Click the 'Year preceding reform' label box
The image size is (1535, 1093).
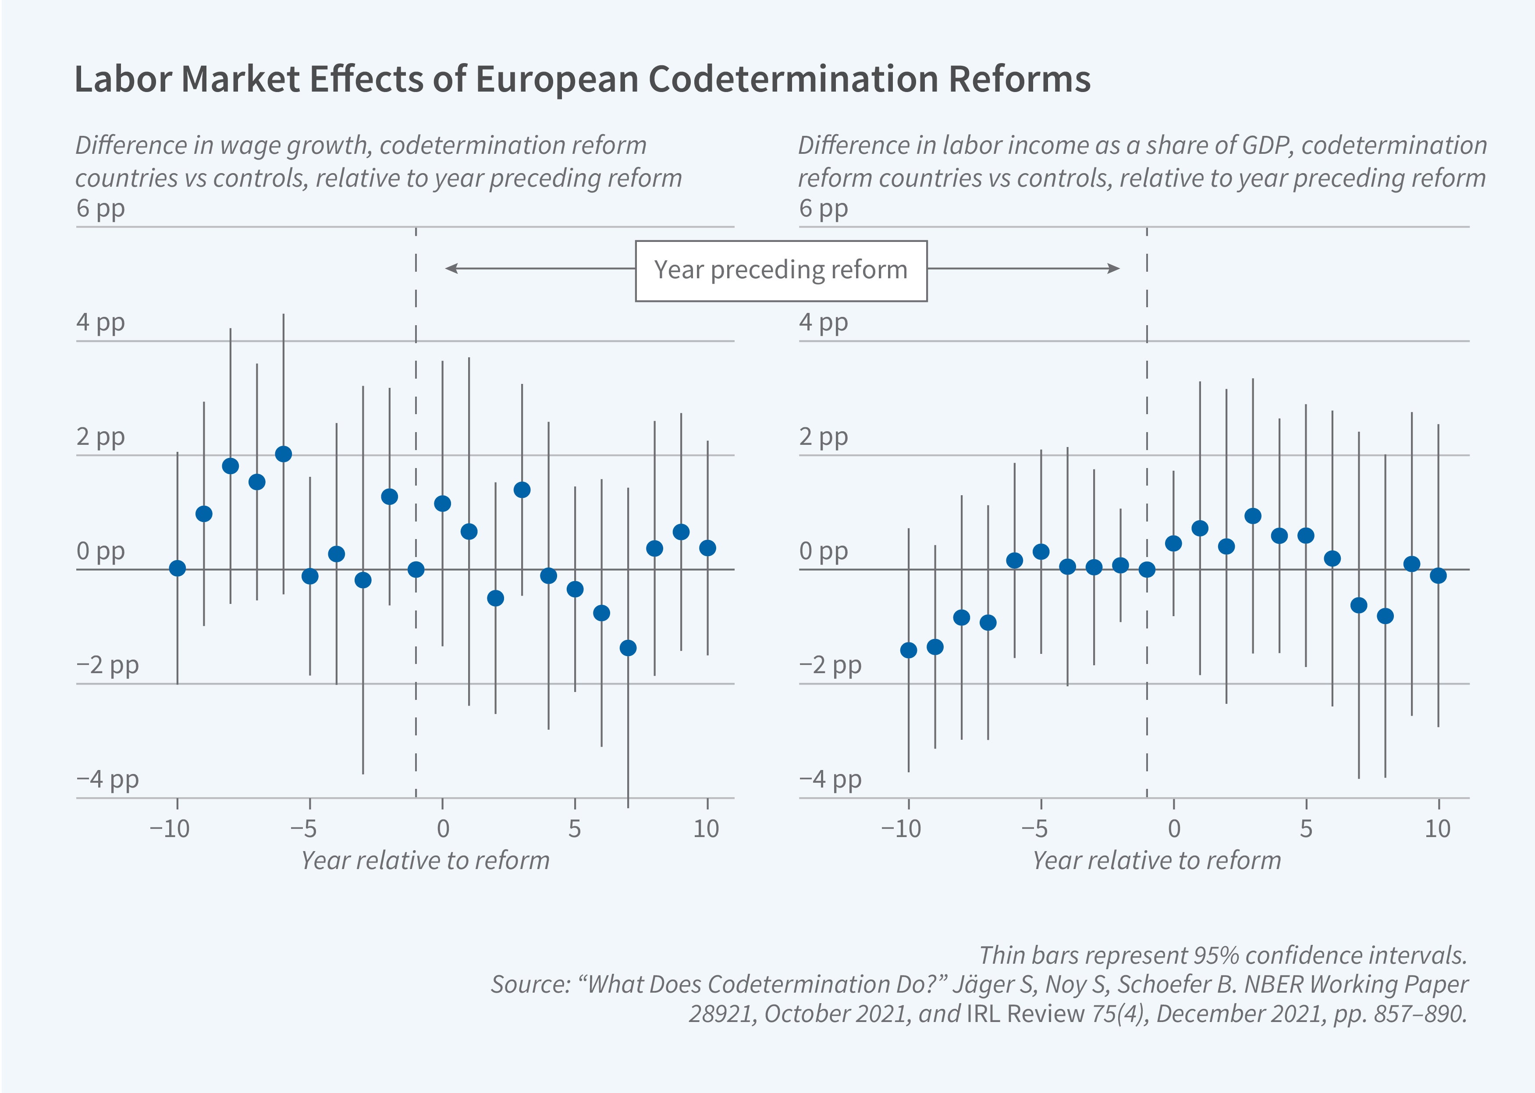coord(781,270)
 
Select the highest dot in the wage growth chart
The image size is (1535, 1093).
coord(283,454)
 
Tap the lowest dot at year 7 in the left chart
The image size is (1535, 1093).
coord(628,647)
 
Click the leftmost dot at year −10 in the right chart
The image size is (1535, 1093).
coord(909,649)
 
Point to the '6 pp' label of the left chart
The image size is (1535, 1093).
coord(100,208)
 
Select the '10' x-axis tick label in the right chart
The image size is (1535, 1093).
coord(1437,828)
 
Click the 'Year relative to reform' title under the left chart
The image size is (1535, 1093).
coord(425,860)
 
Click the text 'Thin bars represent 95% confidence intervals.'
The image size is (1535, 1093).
coord(1223,955)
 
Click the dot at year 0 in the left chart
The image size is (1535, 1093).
coord(442,504)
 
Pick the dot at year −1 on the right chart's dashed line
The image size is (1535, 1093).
coord(1147,569)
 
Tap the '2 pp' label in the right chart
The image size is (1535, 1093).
coord(823,437)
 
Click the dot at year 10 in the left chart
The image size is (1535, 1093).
coord(707,548)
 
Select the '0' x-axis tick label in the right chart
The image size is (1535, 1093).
coord(1174,828)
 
